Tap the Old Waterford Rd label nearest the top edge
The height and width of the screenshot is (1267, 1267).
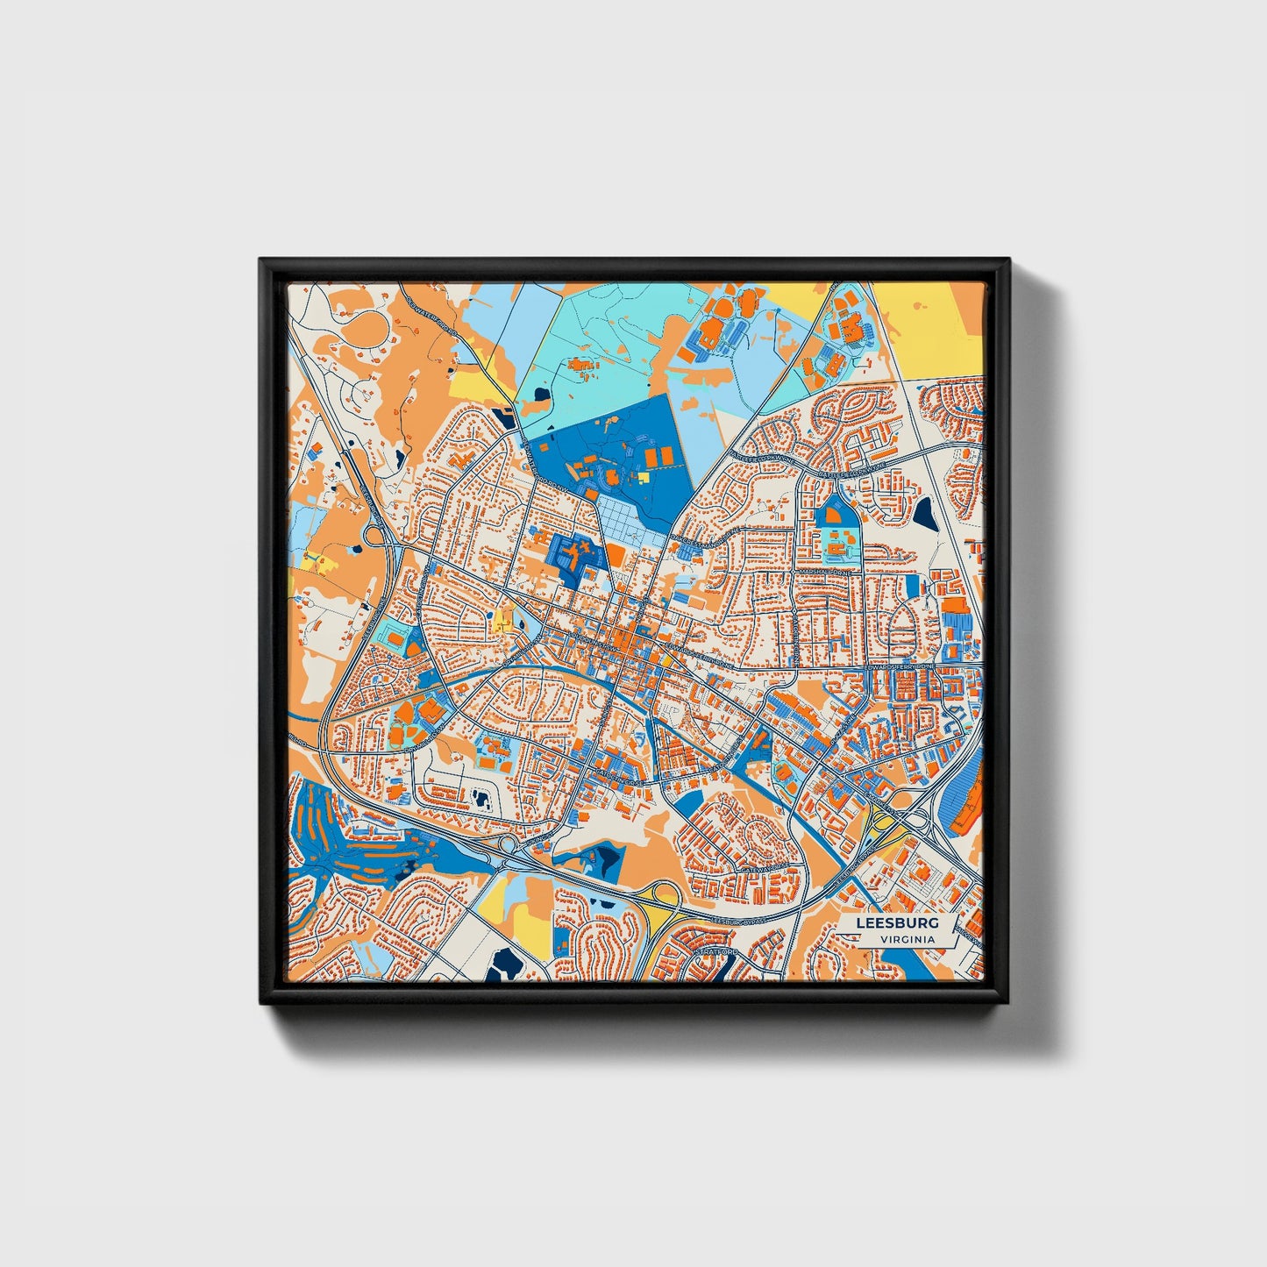(x=436, y=316)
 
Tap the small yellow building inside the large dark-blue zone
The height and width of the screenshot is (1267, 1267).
(x=643, y=477)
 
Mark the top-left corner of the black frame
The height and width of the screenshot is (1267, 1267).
(x=261, y=260)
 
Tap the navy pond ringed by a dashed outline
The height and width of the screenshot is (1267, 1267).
(x=480, y=798)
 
